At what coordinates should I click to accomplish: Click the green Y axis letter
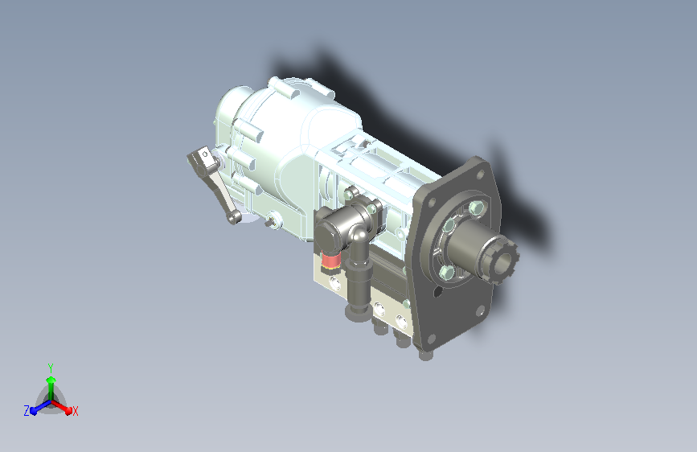point(51,368)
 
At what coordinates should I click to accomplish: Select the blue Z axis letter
point(27,411)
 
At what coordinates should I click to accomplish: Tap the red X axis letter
point(75,411)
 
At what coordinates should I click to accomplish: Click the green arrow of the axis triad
point(51,387)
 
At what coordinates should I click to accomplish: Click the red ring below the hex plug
point(330,261)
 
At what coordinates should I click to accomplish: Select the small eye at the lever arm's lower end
point(234,217)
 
